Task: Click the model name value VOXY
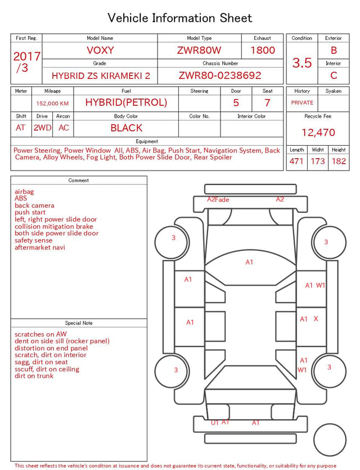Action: point(100,50)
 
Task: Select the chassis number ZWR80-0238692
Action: point(220,75)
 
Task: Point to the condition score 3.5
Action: point(302,62)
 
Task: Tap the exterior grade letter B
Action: point(334,50)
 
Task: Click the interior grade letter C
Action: point(334,75)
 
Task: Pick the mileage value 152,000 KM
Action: point(52,104)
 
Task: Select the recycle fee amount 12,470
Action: point(318,132)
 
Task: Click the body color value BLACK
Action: point(127,128)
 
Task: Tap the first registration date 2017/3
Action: point(26,62)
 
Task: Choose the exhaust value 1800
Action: point(263,50)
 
